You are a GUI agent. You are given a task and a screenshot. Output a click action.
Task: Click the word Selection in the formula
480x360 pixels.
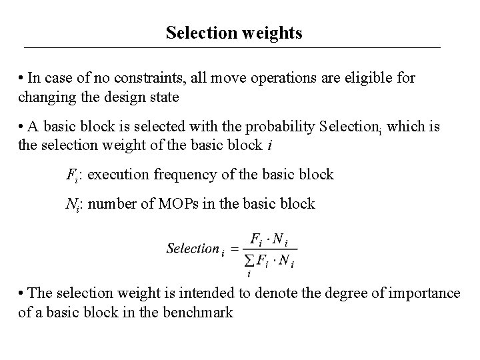(192, 248)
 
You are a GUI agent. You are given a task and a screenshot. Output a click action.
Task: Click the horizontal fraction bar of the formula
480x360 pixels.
(269, 250)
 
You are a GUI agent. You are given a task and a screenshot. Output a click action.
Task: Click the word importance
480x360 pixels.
(427, 293)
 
